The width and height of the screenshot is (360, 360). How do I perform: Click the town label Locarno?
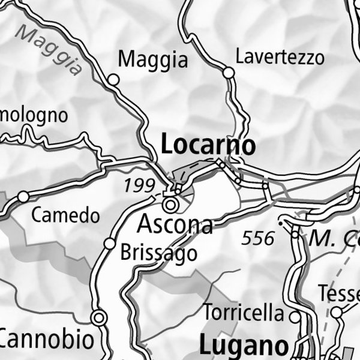[x=208, y=146]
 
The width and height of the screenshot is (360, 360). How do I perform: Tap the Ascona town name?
[x=175, y=224]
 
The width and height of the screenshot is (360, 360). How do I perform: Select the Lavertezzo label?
[x=280, y=58]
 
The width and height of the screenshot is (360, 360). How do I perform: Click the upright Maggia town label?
[x=153, y=59]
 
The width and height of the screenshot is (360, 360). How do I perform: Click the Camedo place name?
[x=65, y=215]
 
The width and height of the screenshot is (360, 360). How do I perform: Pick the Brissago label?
[x=158, y=253]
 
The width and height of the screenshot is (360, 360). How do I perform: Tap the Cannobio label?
[x=47, y=340]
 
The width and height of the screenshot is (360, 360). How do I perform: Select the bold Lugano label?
[x=243, y=346]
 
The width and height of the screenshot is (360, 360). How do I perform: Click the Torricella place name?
[x=244, y=313]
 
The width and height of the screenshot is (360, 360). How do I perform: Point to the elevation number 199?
[x=139, y=185]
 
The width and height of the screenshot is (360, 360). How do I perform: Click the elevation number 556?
[x=258, y=238]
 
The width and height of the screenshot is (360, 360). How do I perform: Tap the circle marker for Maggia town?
[x=113, y=79]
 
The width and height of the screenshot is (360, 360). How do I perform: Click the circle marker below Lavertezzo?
[x=228, y=73]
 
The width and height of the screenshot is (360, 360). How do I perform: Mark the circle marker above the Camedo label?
[x=23, y=196]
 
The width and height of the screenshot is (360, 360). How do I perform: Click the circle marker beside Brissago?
[x=110, y=243]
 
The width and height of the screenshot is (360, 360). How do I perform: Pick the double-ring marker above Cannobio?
[x=98, y=317]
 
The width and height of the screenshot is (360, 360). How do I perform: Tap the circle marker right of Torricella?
[x=295, y=314]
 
